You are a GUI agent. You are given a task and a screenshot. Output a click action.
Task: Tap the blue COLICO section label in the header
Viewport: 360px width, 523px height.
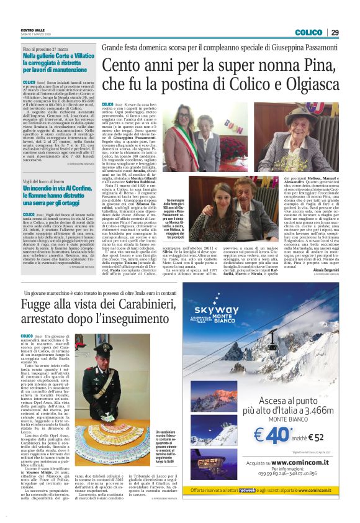tap(308, 32)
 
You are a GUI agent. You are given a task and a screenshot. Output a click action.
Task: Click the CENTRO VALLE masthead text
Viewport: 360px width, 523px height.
tap(34, 30)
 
